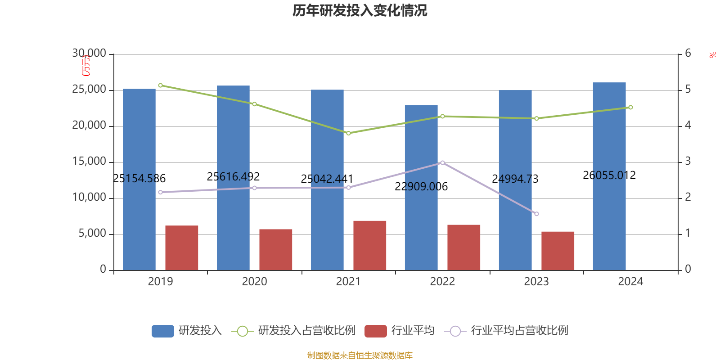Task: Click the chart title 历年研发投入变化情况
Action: [360, 10]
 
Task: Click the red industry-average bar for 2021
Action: [369, 245]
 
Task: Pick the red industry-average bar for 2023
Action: [558, 251]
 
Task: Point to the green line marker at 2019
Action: [161, 85]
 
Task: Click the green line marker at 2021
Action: [348, 133]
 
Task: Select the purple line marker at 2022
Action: [442, 162]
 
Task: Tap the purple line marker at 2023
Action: [536, 214]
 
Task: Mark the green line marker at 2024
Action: [630, 107]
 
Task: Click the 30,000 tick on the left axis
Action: [89, 54]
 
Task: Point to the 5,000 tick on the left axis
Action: [92, 234]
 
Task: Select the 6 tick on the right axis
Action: [688, 54]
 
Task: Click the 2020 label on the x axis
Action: [254, 282]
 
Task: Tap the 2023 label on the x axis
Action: [536, 282]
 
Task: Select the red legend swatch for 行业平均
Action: [375, 331]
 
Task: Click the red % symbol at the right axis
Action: [712, 55]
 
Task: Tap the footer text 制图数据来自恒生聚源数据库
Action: [360, 355]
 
